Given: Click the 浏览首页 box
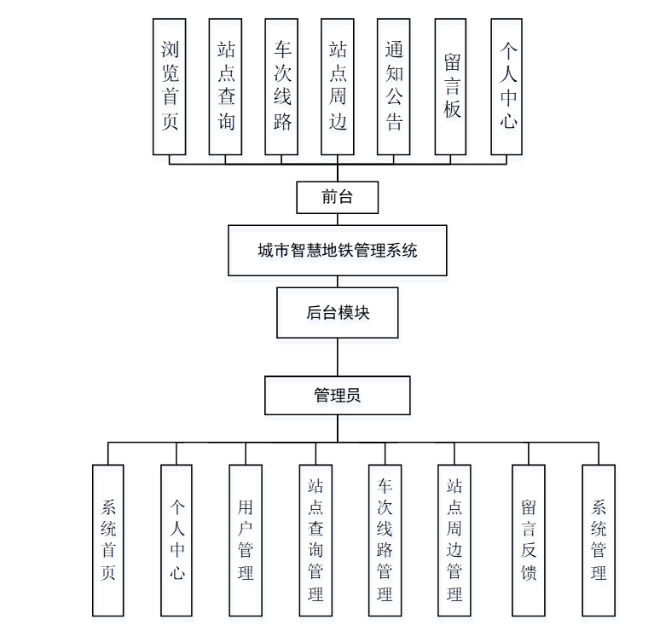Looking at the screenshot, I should point(170,87).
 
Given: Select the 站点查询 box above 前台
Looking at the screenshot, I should point(226,87).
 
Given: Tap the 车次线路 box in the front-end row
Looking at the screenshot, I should point(282,87).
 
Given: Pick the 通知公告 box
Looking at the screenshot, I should point(394,87).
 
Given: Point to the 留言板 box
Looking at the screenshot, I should point(451,87).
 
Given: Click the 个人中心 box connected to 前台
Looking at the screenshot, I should point(507,87).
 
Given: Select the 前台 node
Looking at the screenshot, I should point(337,197).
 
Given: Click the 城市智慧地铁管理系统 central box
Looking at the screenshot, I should point(337,251).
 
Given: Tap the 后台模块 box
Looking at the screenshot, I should point(338,313).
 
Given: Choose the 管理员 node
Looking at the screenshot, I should point(337,396).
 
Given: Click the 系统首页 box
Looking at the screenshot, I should point(107,540).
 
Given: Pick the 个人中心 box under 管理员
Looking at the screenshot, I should point(177,540).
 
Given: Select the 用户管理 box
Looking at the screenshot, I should point(246,540).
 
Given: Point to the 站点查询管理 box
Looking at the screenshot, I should point(315,540).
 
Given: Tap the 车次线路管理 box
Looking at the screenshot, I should point(385,540).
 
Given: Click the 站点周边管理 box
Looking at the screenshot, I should point(454,540).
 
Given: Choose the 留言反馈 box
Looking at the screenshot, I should point(529,540).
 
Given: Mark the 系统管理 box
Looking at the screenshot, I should point(599,540).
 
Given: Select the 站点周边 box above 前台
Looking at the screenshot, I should point(338,87).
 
